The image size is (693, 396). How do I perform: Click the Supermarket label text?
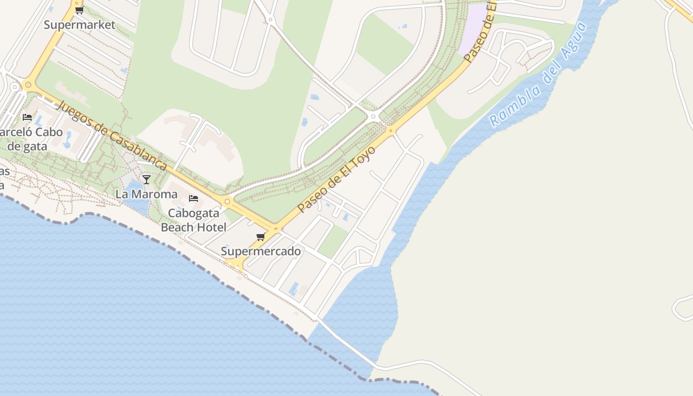coord(79,25)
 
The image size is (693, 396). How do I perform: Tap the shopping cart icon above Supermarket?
coord(79,10)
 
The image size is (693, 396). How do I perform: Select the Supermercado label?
coord(261,251)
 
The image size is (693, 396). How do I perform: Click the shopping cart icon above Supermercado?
coord(260,237)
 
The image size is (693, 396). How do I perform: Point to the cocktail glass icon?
coord(146,179)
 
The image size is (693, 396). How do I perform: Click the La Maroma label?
coord(147,194)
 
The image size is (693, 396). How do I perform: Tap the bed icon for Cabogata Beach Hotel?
coord(194,198)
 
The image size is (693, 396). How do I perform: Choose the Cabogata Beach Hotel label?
coord(194,220)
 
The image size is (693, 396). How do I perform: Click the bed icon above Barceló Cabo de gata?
coord(27,117)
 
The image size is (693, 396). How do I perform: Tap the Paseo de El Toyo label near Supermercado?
coord(336,179)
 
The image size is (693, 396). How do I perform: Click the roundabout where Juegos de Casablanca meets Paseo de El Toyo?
coord(276,229)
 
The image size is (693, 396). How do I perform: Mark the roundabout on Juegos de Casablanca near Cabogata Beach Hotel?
coord(227,201)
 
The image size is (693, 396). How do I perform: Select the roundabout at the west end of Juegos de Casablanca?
coord(28,85)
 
